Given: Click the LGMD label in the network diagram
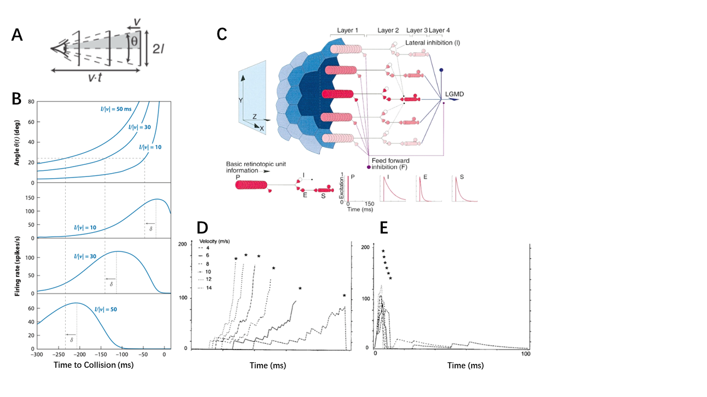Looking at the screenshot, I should click(x=455, y=95).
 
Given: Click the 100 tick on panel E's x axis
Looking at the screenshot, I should click(x=526, y=353).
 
